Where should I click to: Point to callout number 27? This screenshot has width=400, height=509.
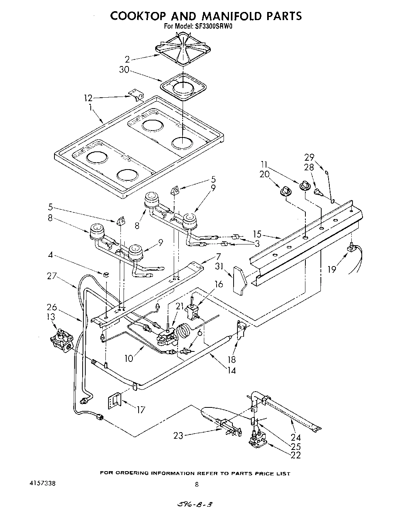(x=52, y=276)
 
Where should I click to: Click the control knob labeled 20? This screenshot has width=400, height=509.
(x=286, y=190)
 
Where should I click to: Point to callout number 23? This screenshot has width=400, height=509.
(x=178, y=436)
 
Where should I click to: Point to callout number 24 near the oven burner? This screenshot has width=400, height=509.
(x=295, y=438)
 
